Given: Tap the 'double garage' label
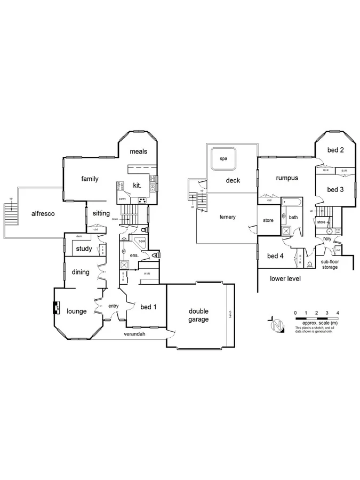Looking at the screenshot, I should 198,315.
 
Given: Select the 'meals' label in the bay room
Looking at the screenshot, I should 138,151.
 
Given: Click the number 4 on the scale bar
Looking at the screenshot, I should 338,313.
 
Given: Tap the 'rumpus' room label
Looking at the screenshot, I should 287,178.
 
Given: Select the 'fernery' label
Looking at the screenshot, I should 227,217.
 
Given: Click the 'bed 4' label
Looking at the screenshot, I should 275,256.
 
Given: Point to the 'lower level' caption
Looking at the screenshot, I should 285,279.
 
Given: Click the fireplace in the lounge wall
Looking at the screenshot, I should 55,308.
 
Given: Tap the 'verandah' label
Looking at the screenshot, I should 135,334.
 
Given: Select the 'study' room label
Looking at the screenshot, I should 84,249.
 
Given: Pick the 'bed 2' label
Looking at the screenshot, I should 334,150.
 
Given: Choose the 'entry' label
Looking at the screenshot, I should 113,306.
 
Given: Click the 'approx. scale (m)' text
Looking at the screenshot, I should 319,323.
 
